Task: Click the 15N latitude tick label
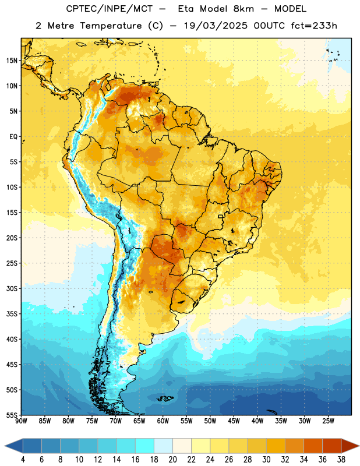tap(12, 61)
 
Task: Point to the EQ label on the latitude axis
tap(13, 137)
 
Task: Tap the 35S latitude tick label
tap(12, 314)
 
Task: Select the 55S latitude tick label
tap(12, 415)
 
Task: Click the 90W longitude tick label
tap(21, 421)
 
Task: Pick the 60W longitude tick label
tap(163, 421)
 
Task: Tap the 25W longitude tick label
tap(328, 421)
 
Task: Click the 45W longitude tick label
tap(234, 421)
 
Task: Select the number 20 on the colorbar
tap(172, 460)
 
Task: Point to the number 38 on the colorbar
tap(341, 460)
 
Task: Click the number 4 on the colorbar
tap(23, 460)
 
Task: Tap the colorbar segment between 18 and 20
tap(163, 446)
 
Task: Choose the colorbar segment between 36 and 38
tap(332, 446)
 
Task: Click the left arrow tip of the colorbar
tap(5, 446)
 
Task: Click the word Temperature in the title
tap(111, 26)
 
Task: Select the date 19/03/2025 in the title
tap(216, 26)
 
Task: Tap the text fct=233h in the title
tap(314, 26)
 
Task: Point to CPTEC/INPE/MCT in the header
tap(110, 9)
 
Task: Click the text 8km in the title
tap(243, 9)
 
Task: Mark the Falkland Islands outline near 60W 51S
tap(165, 398)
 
